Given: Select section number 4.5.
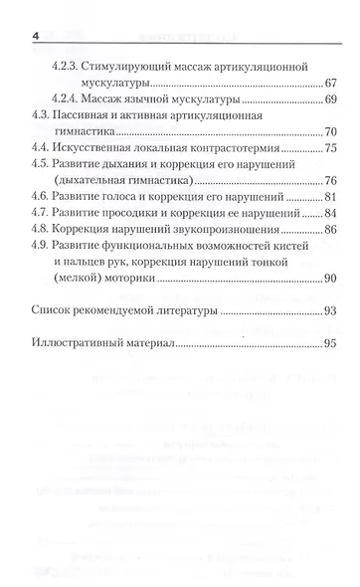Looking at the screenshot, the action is [x=43, y=178].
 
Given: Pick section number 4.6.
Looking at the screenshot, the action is [x=43, y=215].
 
